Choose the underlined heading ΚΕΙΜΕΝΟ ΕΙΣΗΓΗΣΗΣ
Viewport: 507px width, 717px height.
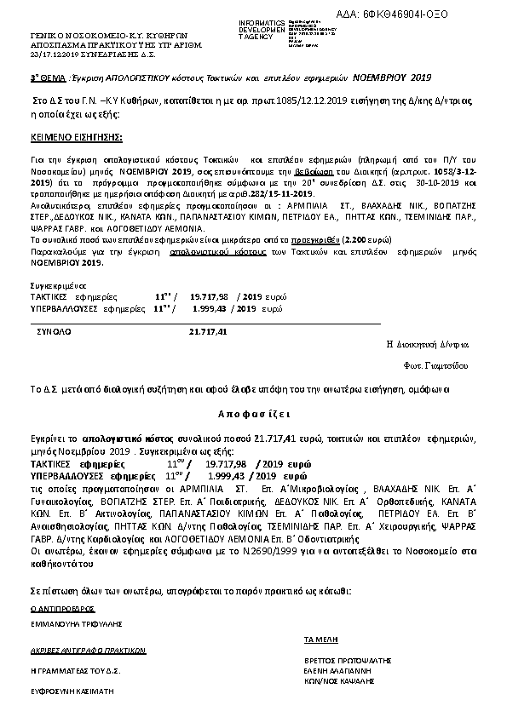[x=76, y=136]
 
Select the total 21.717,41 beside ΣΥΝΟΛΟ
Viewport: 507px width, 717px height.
[x=208, y=330]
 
